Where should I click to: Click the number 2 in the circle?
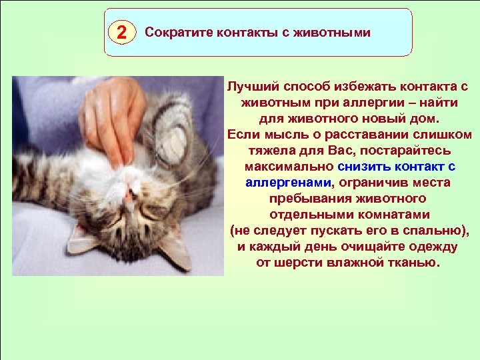(x=120, y=32)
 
